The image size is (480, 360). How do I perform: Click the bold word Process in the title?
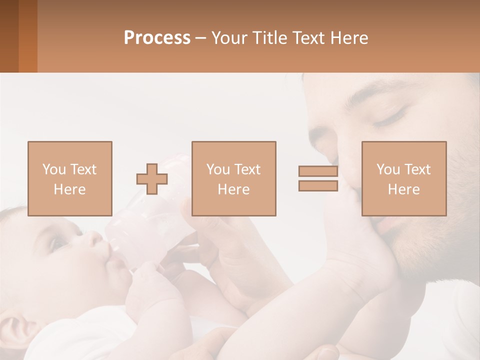click(x=157, y=38)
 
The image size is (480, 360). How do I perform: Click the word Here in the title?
click(x=349, y=38)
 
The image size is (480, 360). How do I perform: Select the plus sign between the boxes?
click(x=152, y=179)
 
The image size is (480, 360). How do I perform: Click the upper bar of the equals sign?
click(x=318, y=171)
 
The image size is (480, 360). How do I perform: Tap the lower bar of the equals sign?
click(x=318, y=185)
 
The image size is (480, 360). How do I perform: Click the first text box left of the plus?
click(x=69, y=178)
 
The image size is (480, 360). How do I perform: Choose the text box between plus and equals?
click(x=233, y=178)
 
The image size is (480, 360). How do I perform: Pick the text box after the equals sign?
click(x=403, y=178)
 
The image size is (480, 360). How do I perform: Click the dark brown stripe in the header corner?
click(x=9, y=36)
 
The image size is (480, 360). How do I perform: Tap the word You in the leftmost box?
click(x=54, y=169)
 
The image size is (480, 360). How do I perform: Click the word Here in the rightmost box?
click(x=403, y=189)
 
